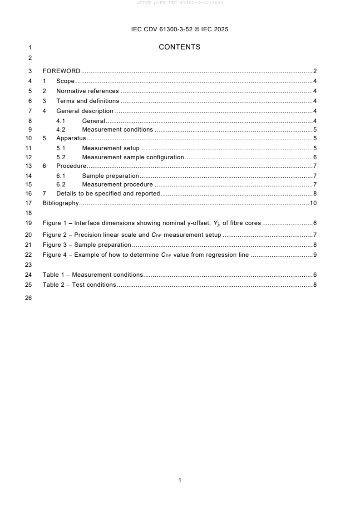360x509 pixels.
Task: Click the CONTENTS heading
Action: pos(180,47)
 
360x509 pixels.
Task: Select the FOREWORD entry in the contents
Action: pos(61,71)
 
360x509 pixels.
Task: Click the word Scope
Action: pos(65,81)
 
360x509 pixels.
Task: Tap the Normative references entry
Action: pos(87,91)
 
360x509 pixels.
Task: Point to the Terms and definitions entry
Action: pos(88,101)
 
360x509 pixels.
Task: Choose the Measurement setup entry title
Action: pos(110,148)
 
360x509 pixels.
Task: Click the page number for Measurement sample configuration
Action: pos(315,157)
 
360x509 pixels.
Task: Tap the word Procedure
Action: pos(71,166)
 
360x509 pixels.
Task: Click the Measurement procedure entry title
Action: pos(117,185)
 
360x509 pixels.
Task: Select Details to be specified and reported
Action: pos(108,194)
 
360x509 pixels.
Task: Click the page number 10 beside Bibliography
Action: pos(313,203)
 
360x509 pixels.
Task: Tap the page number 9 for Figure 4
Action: pos(315,255)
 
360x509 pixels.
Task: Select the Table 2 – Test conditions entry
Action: pos(79,285)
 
